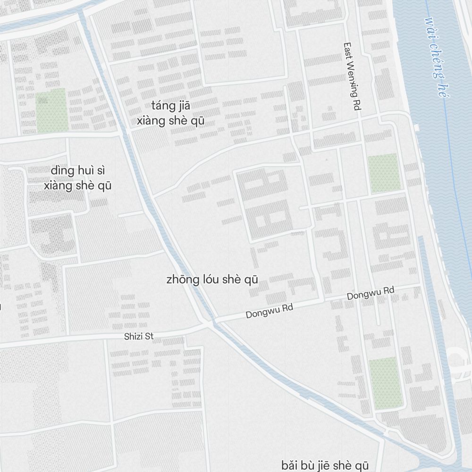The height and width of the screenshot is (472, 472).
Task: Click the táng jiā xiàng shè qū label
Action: click(x=170, y=113)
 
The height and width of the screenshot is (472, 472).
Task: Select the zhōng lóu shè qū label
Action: click(x=212, y=279)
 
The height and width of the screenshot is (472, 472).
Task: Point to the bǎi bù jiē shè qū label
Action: click(x=325, y=465)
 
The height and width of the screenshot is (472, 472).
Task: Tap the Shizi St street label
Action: click(x=139, y=337)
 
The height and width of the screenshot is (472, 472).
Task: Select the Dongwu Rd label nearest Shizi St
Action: click(x=270, y=311)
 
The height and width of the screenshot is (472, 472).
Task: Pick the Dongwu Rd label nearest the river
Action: click(x=371, y=294)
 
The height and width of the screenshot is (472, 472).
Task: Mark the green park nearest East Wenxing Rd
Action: click(x=384, y=173)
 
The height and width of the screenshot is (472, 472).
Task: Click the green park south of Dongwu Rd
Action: click(x=385, y=383)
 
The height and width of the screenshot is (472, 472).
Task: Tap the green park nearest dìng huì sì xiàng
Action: click(x=51, y=110)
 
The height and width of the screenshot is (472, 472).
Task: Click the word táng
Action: click(x=162, y=105)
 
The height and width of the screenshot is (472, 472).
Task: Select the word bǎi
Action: click(x=290, y=465)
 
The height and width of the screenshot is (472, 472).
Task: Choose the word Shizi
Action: click(x=133, y=337)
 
